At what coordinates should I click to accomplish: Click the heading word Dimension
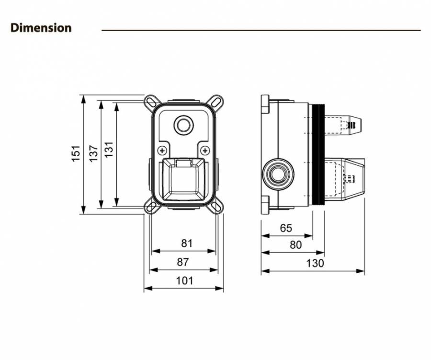tap(41, 28)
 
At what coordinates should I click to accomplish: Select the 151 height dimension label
tap(76, 153)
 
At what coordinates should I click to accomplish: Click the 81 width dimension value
tap(187, 244)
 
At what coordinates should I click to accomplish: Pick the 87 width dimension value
tap(183, 262)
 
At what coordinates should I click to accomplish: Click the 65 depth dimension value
tap(286, 228)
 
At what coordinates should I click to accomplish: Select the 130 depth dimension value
tap(316, 263)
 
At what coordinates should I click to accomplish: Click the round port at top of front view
tap(183, 125)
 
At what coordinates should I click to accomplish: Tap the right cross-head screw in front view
tap(205, 151)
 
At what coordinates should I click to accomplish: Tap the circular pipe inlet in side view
tap(277, 173)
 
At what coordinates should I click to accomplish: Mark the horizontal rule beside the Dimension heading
tap(261, 30)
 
